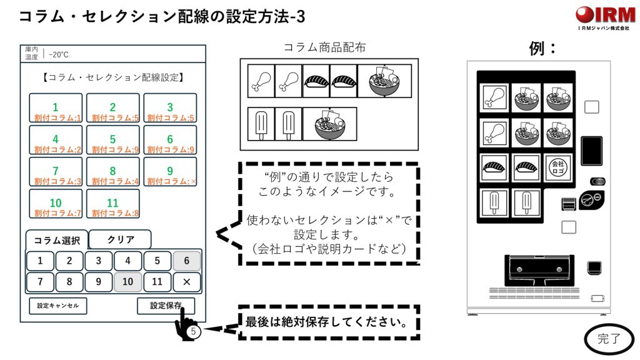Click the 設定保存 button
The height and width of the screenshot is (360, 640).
(x=166, y=306)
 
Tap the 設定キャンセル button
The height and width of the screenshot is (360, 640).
(x=58, y=306)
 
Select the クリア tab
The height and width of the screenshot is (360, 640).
(x=120, y=240)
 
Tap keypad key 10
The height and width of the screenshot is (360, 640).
(x=127, y=282)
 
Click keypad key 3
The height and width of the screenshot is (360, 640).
(x=99, y=261)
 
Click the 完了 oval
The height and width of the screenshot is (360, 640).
(x=609, y=339)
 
